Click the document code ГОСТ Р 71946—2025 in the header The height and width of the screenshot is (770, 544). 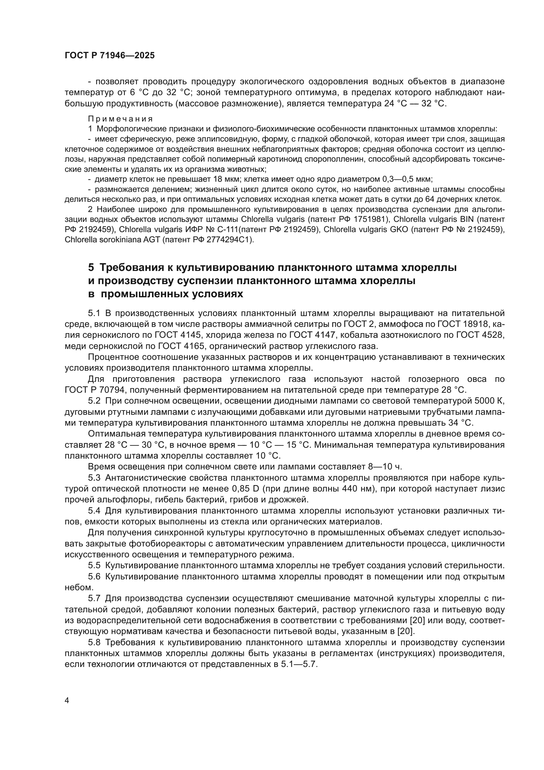pyautogui.click(x=110, y=56)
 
